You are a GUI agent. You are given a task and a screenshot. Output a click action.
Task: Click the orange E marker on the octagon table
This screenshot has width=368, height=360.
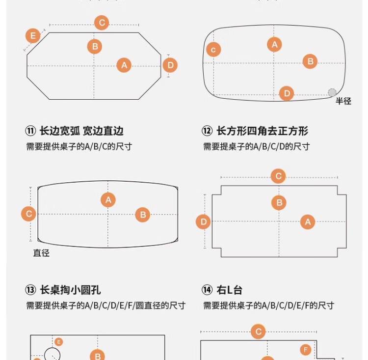coord(33,36)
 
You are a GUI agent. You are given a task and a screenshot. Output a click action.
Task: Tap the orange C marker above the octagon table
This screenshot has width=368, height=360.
coord(102,23)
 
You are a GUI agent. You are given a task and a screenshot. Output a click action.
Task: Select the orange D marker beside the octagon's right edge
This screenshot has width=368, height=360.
coord(170,65)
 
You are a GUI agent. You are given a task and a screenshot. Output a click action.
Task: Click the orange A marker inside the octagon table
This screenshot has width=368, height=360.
coord(124,65)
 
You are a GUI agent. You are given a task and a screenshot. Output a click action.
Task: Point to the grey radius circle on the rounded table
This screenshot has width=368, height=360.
coord(332,92)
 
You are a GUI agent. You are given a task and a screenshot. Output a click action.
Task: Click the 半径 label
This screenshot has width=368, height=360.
coord(343,101)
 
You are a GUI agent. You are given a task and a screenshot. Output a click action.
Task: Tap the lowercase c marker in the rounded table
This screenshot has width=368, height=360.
coord(213,50)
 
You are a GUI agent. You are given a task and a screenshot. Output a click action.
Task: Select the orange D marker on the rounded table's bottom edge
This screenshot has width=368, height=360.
coord(287,93)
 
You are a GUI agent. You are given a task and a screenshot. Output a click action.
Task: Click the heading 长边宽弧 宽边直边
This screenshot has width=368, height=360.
coord(81,131)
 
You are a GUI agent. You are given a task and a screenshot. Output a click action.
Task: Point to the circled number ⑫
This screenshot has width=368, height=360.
coord(207,131)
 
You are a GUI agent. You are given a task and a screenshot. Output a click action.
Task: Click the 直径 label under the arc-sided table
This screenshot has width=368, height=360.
coord(41,253)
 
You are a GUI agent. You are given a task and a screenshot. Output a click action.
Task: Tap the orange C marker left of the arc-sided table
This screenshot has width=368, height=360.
coord(28,214)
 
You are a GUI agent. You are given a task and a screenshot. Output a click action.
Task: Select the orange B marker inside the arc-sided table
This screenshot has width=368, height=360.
coord(143,215)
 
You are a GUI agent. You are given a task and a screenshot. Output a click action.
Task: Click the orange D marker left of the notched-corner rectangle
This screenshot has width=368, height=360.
coord(203,222)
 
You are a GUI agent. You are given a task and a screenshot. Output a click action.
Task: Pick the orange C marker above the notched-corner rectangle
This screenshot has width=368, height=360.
coord(278,176)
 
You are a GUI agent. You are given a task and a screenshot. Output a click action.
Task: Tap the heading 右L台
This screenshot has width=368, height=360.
coord(229,290)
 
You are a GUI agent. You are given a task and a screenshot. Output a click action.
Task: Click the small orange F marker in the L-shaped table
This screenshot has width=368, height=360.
coord(306,350)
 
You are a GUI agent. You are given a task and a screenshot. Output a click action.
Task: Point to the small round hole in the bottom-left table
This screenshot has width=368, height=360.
coord(52,354)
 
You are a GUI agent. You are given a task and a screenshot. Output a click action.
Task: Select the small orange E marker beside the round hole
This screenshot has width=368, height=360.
coord(58,341)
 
